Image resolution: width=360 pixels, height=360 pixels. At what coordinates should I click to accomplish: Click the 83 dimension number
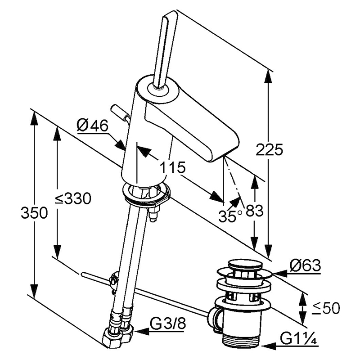tap(254, 211)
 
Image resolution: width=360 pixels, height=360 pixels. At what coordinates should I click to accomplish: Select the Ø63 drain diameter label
tap(305, 266)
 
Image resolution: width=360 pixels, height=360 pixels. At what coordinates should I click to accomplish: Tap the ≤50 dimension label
tap(326, 308)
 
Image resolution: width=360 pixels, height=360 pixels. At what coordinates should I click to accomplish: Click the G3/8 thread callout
tap(166, 323)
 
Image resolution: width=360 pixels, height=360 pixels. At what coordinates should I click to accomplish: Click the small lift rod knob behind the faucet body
tap(118, 110)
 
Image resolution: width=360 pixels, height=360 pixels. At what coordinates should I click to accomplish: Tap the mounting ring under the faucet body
tap(146, 193)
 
